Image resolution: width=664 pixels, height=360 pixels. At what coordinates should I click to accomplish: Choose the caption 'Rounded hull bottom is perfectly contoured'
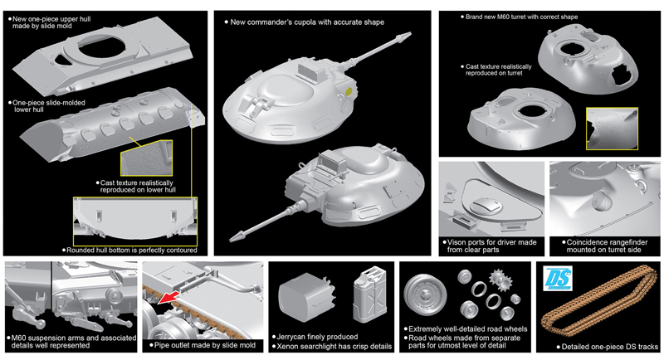pos(133,250)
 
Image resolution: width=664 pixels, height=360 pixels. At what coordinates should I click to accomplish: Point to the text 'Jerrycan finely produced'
pos(320,337)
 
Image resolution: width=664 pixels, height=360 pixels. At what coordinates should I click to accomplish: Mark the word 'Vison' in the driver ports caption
pos(460,242)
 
